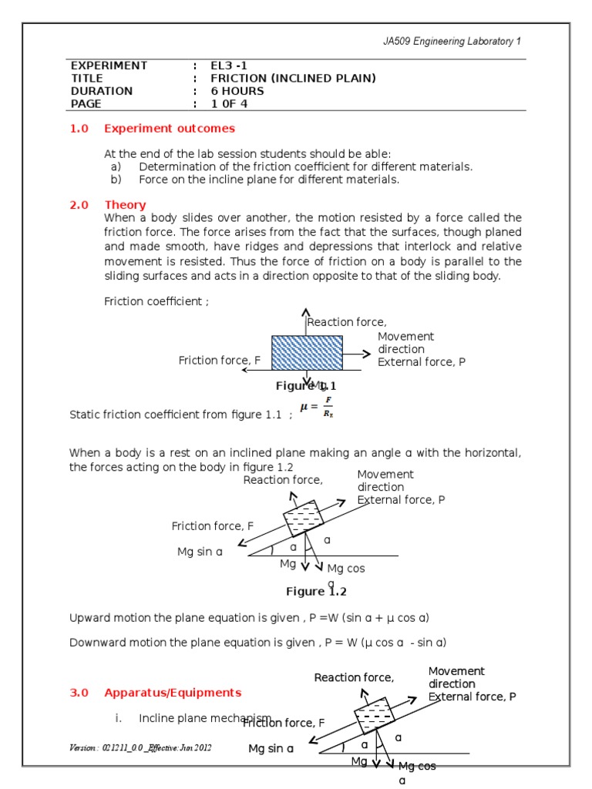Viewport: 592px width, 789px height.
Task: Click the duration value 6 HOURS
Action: click(237, 91)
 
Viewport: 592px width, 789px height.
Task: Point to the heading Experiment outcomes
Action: click(170, 129)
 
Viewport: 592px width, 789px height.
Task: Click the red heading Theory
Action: click(125, 205)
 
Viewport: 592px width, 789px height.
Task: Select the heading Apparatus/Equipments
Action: click(173, 693)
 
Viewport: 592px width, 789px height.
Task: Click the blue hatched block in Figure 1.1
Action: click(307, 353)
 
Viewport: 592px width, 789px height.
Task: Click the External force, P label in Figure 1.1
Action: click(421, 361)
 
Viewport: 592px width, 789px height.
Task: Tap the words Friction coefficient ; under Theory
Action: click(156, 301)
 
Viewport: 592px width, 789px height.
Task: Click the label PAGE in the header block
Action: click(86, 104)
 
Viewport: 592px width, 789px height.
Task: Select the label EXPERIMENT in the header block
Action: click(109, 65)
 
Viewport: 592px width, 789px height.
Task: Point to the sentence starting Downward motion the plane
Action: click(258, 643)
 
